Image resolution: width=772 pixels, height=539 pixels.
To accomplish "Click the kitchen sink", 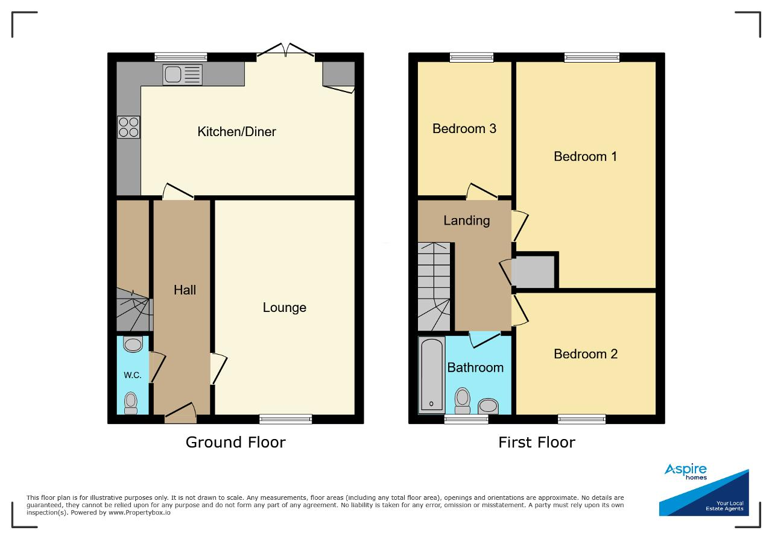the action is tap(182, 75).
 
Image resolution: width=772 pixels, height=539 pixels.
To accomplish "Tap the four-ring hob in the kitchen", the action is tap(128, 127).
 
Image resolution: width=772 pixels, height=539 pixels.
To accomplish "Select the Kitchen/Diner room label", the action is tap(236, 131).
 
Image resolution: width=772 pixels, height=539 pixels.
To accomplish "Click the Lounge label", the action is tap(284, 307).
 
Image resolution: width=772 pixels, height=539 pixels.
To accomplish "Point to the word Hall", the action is tap(185, 290).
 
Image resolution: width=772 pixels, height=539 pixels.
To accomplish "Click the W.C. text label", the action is tap(133, 375).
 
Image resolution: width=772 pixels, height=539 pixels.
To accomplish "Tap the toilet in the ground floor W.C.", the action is tap(131, 403).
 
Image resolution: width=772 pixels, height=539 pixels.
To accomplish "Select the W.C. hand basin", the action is tap(133, 344).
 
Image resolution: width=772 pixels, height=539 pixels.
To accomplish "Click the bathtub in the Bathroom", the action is tap(432, 375).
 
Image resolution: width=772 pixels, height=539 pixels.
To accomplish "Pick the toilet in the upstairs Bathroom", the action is tap(463, 400).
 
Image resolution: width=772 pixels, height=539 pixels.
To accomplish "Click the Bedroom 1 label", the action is tap(585, 157).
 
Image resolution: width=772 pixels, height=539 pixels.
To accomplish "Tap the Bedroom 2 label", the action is tap(586, 354).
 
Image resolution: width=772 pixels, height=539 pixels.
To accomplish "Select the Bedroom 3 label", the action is tap(464, 129).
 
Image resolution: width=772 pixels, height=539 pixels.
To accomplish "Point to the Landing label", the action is tap(467, 220).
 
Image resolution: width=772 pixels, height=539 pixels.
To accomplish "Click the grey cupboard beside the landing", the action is tap(533, 272).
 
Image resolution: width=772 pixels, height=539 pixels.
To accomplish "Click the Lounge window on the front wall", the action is tap(286, 419).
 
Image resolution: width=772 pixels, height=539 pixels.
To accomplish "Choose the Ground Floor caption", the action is tap(236, 442).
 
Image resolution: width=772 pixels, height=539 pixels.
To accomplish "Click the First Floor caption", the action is tap(537, 442).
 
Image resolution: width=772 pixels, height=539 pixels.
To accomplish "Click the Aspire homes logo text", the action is tap(686, 472).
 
